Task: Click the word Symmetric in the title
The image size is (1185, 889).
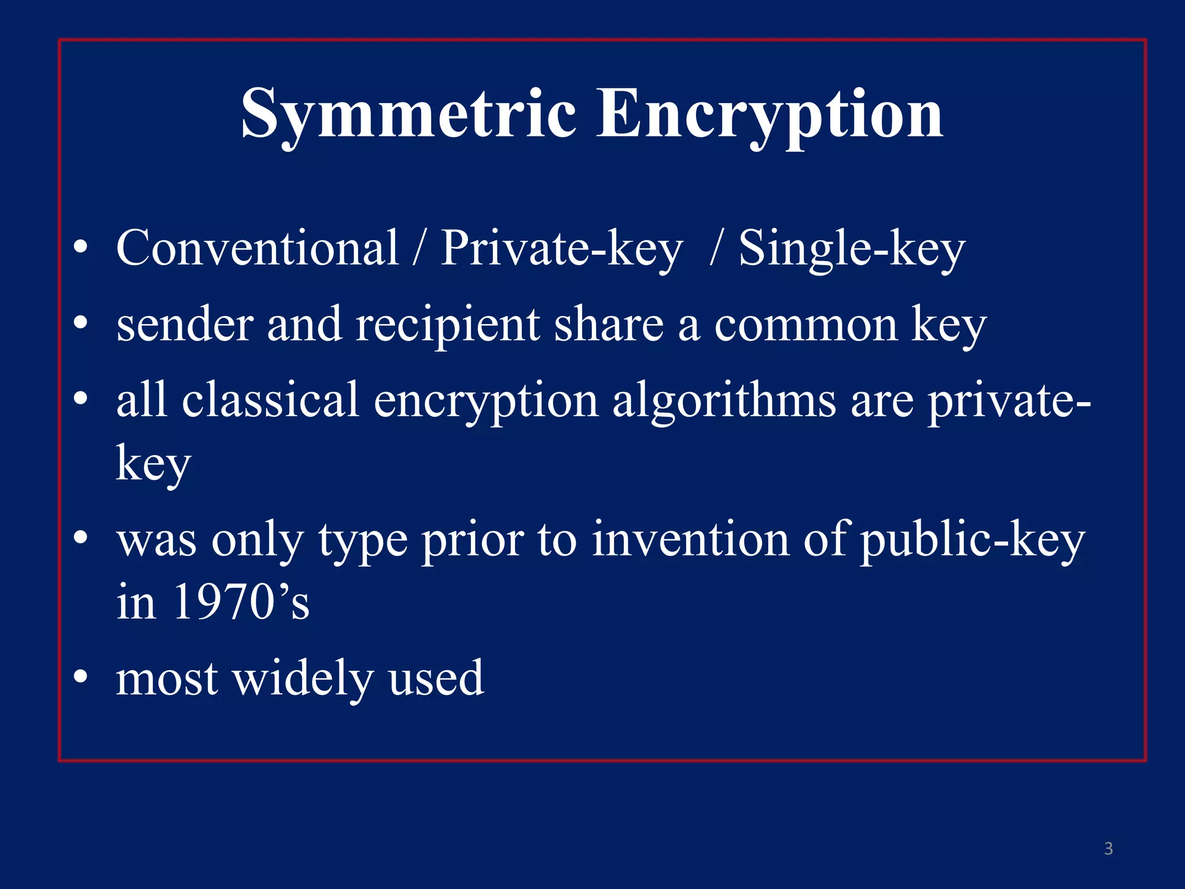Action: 409,114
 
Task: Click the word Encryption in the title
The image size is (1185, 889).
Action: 770,114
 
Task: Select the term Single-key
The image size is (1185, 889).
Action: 852,249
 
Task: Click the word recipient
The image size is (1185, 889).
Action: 447,325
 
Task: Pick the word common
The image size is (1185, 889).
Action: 806,325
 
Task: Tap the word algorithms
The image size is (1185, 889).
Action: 724,401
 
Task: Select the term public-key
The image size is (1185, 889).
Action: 972,541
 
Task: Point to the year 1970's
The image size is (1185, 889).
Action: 241,603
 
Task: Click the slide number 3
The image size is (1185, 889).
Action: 1108,848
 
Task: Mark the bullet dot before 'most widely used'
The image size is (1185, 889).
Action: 81,676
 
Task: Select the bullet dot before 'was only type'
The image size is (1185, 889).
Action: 81,538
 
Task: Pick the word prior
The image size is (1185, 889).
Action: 472,541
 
